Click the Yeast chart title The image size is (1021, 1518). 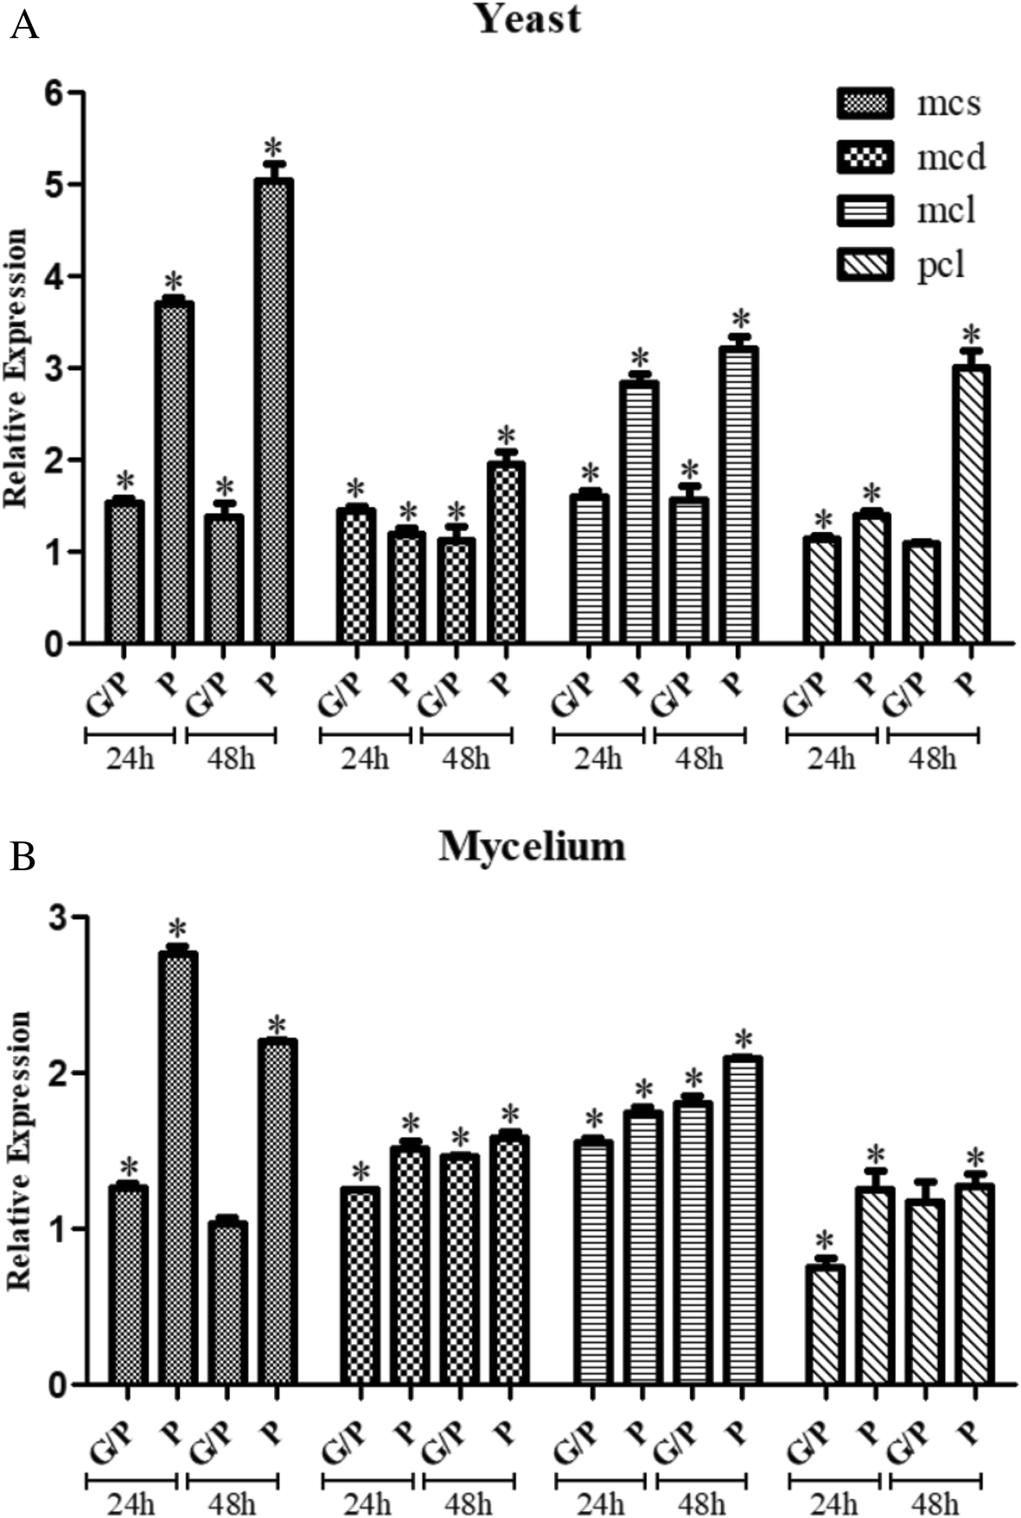[x=529, y=19]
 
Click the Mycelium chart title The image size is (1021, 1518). [x=532, y=846]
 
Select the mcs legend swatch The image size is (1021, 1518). [x=865, y=104]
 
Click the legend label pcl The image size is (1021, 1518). [x=941, y=264]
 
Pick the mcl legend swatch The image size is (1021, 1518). [x=865, y=210]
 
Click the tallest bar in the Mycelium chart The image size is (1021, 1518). [x=177, y=1168]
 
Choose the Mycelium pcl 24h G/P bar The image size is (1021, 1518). [x=825, y=1324]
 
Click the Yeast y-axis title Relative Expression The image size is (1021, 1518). [x=16, y=368]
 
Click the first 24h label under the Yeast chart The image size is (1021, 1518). [x=131, y=759]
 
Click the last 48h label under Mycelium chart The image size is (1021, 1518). [x=935, y=1503]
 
